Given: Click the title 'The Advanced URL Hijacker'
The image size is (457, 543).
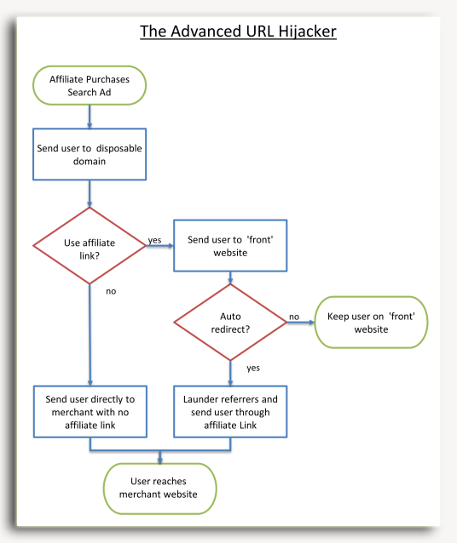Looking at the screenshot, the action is pos(238,31).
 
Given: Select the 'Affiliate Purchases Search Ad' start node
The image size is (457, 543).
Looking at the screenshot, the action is pos(90,86).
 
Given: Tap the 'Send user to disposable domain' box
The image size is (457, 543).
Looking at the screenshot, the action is pos(90,154).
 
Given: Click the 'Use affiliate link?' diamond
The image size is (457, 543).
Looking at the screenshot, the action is pos(90,245).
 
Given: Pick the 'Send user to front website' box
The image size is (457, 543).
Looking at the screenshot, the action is pos(230,245).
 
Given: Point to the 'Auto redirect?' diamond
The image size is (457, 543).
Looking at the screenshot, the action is pos(230,322).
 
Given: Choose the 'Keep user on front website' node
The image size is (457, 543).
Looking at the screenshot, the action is pos(371,322).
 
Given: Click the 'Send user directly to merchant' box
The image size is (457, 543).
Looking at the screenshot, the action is pos(90,412).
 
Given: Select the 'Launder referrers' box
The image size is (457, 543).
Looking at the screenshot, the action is pos(230,412).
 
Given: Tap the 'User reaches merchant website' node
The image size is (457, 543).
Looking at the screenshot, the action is pos(160,489).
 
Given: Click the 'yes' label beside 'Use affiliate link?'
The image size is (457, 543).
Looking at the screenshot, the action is pos(155,240).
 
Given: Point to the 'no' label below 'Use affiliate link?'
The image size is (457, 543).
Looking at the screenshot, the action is pos(111,291).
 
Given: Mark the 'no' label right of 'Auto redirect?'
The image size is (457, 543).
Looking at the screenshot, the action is pos(294,317).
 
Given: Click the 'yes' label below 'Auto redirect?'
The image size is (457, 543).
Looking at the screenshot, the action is pos(253,368).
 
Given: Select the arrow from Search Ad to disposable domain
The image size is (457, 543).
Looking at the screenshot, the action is pos(90,117).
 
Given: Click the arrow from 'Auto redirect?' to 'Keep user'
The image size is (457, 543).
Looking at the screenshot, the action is pos(300,323).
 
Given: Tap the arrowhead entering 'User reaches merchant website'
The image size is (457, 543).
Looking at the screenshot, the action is pos(160,460).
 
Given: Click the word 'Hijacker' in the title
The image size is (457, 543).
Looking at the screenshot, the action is pos(307,31).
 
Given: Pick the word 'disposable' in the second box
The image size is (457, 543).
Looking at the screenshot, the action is pos(119,149).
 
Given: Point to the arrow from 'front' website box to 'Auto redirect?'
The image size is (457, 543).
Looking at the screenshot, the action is pos(230,277).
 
